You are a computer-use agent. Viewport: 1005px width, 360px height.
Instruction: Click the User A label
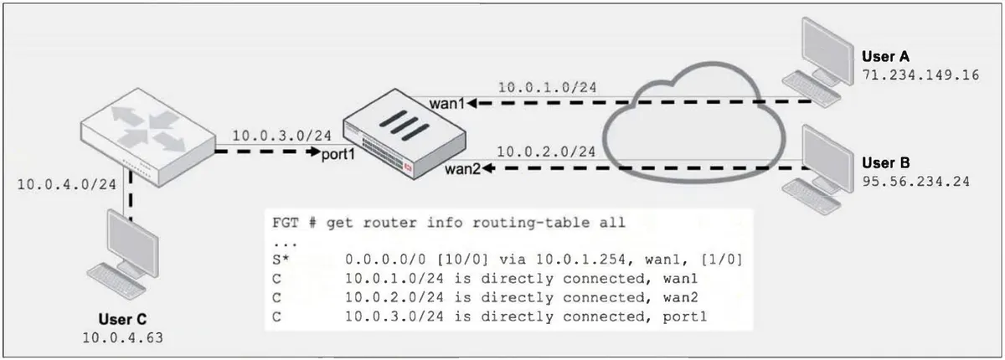pos(885,56)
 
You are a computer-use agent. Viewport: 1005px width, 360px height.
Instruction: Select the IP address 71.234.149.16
pos(920,75)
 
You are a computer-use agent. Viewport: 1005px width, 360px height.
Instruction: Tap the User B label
pos(886,162)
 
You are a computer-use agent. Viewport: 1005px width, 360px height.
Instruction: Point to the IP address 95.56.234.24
pos(915,182)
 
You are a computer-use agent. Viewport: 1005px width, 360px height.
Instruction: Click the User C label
pos(122,319)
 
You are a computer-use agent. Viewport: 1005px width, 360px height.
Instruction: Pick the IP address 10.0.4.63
pos(122,337)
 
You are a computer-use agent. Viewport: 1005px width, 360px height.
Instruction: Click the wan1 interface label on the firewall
pos(447,104)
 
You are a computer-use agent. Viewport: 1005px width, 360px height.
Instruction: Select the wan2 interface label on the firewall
pos(462,169)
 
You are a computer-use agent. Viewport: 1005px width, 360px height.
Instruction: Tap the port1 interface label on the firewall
pos(338,155)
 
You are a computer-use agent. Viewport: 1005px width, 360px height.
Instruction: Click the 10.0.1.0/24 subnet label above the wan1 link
pos(548,87)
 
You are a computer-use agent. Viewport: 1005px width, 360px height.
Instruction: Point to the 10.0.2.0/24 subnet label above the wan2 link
pos(546,152)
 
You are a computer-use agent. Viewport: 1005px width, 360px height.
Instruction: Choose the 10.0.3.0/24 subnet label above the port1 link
pos(281,136)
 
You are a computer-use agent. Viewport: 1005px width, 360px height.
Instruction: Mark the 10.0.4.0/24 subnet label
pos(67,184)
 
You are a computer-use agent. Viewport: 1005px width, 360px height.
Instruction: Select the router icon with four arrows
pos(147,136)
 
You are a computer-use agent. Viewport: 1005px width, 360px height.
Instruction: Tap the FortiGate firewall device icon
pos(405,134)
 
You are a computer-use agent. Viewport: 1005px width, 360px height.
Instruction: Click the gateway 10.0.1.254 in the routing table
pos(580,260)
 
